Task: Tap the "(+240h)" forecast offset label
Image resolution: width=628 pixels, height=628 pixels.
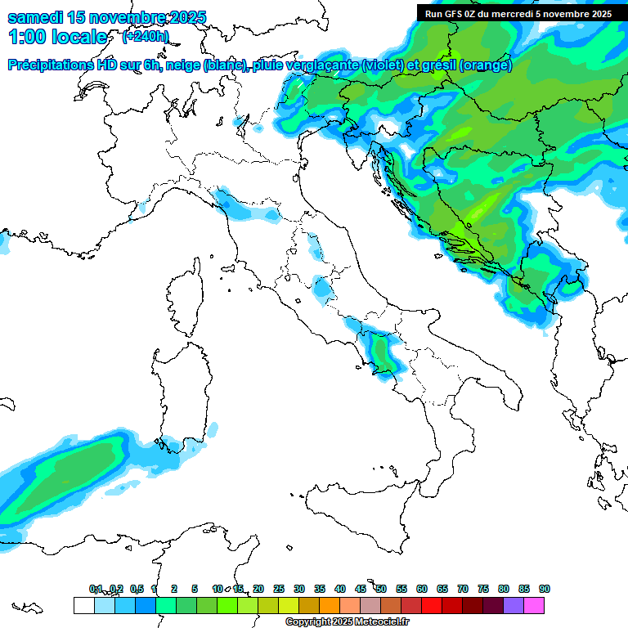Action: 146,36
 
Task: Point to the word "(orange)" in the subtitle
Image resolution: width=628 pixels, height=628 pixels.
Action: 486,65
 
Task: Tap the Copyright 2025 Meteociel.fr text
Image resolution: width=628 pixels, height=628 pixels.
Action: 348,621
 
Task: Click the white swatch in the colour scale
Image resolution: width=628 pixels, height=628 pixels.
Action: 83,605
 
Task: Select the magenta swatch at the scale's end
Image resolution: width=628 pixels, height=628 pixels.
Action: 534,605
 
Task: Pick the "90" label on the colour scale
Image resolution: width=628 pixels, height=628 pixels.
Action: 544,589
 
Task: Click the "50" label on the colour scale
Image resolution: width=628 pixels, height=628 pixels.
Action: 381,589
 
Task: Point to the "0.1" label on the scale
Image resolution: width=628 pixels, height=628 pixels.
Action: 96,589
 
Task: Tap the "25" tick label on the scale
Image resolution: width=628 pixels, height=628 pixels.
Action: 279,589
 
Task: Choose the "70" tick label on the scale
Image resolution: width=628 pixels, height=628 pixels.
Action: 463,589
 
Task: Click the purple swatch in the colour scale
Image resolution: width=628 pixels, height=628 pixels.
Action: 514,605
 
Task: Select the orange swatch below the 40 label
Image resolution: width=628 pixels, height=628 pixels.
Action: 330,605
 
